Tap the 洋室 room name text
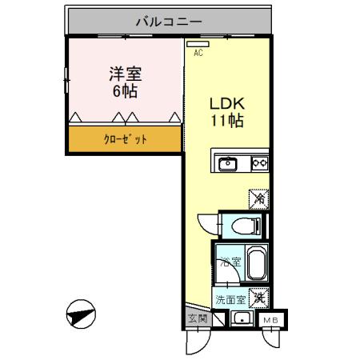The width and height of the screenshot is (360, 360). click(124, 74)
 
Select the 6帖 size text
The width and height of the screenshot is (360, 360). click(124, 90)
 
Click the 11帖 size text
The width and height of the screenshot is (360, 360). click(226, 122)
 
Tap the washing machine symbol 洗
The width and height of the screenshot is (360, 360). click(258, 298)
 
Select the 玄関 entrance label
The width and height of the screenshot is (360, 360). click(196, 319)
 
